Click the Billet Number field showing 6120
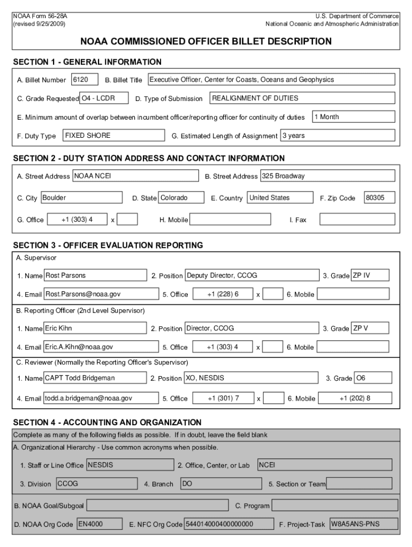pos(85,80)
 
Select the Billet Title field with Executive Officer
pos(271,80)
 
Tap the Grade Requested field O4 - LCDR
pos(104,98)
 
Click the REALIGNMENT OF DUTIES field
pos(302,98)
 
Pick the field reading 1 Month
pos(353,117)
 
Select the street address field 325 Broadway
pos(327,176)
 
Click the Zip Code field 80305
pos(379,198)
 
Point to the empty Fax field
pos(356,220)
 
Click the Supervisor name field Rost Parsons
pos(95,276)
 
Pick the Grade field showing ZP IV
pos(370,276)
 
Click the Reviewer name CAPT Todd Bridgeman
pos(95,378)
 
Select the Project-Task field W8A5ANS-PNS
pos(363,524)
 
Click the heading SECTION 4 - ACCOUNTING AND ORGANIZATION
pos(107,423)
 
